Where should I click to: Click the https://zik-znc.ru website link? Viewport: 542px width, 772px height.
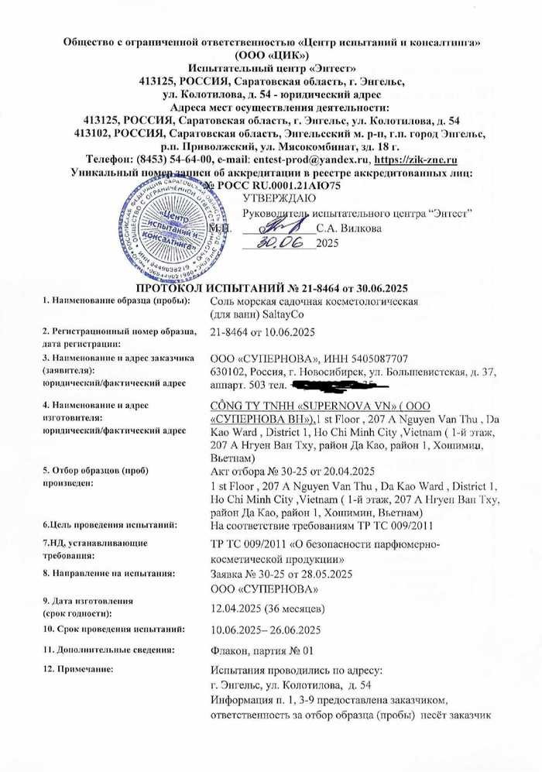point(413,160)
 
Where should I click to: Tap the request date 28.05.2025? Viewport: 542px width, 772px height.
point(319,575)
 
